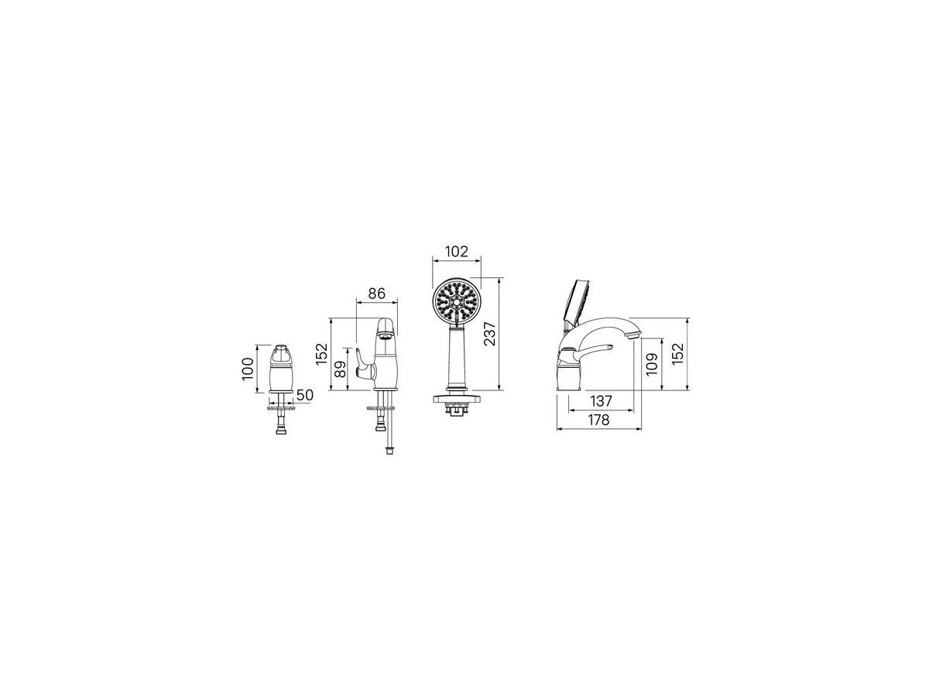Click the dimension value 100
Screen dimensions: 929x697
coord(248,369)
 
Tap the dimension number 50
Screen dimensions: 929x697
coord(304,395)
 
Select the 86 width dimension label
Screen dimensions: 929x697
coord(376,293)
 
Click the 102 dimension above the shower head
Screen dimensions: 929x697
coord(457,251)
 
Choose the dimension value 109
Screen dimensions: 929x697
coord(651,364)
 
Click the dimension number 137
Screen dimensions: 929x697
coord(601,400)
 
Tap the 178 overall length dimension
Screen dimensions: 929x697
coord(598,420)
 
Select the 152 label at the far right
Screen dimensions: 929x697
coord(677,353)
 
